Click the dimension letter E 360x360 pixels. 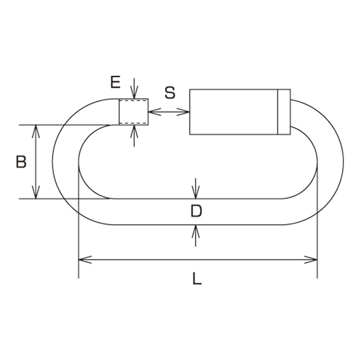click(x=115, y=82)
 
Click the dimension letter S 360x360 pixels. click(x=170, y=93)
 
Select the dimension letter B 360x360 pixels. click(x=21, y=161)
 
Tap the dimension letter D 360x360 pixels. click(x=196, y=211)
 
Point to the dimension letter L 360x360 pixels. click(x=197, y=278)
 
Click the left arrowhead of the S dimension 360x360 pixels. click(x=154, y=112)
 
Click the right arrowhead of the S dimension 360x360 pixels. click(x=183, y=112)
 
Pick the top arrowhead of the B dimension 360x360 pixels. click(x=36, y=131)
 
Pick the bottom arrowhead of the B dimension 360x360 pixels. click(x=36, y=192)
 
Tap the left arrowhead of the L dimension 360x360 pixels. click(x=85, y=259)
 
